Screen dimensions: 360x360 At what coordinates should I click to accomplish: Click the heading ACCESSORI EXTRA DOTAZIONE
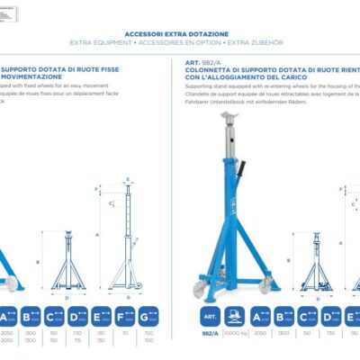point(179,29)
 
